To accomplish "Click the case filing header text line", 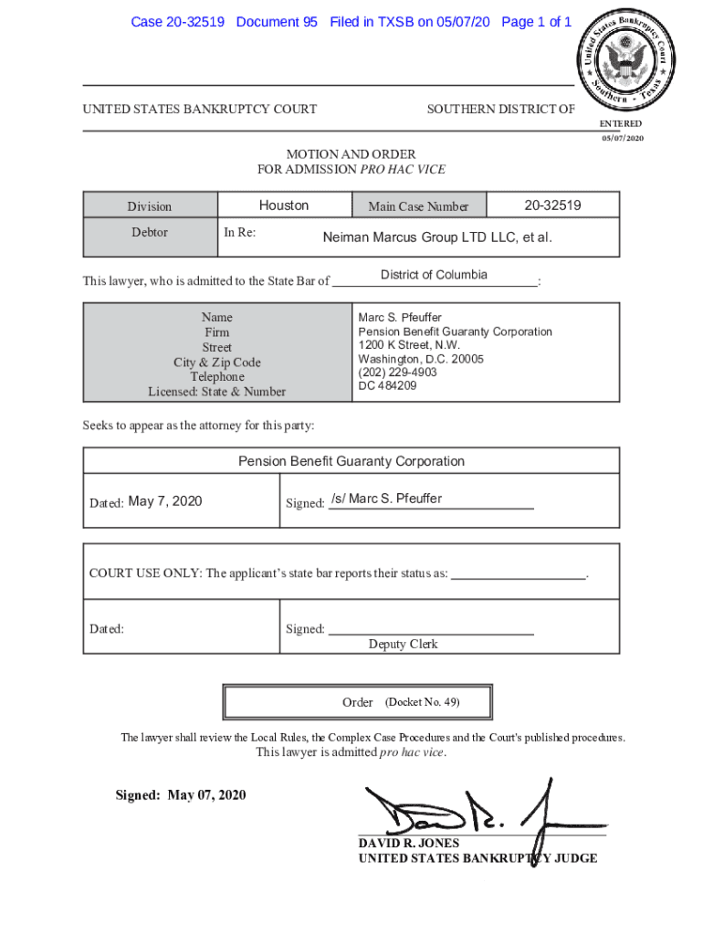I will click(351, 22).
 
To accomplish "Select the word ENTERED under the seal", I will click(620, 124).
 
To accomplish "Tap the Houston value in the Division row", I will click(284, 205).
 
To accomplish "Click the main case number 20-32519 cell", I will click(552, 205).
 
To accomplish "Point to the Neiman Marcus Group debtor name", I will click(437, 237).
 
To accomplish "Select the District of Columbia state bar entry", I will click(434, 276).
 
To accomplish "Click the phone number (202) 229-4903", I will click(397, 373).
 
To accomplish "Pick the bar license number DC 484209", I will click(387, 386).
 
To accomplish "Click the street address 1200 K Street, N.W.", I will click(409, 346).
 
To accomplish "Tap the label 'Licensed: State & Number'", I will click(217, 392).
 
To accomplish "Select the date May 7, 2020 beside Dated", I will click(165, 501).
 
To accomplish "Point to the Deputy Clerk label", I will click(403, 645).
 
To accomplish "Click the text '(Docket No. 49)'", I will click(422, 702).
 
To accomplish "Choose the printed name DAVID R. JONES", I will click(408, 844).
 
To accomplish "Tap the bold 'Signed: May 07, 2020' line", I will click(181, 795).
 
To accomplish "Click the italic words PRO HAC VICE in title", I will click(403, 169).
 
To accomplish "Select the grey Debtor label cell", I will click(150, 233).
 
